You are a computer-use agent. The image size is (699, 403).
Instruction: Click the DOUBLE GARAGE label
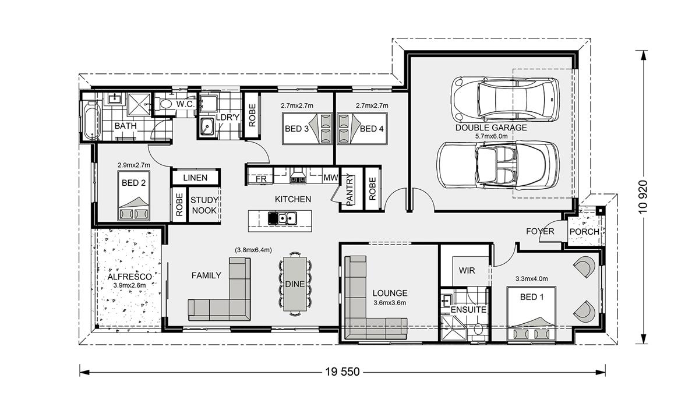coord(491,128)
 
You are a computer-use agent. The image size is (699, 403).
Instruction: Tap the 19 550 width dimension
coord(343,372)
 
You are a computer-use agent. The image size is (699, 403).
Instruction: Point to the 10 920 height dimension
coord(643,197)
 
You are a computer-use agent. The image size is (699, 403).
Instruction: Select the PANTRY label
coord(349,190)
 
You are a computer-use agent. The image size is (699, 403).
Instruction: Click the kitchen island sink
coord(282,218)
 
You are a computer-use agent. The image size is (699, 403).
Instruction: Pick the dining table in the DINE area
coord(295,284)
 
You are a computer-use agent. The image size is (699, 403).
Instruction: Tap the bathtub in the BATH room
coord(92,121)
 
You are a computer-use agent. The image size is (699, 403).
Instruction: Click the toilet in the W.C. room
coord(163,104)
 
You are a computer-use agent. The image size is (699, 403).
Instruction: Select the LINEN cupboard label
coord(195,178)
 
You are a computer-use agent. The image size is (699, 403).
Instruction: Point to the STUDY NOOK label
coord(204,205)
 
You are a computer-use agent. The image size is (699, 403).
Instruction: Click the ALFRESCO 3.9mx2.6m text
coord(129,281)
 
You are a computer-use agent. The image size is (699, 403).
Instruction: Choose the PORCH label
coord(584,232)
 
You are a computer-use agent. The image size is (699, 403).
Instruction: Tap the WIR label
coord(467,270)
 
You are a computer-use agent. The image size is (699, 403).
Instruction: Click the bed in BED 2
coord(133,196)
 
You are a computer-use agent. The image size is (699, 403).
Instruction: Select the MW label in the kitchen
coord(330,178)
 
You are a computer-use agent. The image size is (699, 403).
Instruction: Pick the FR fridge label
coord(261,179)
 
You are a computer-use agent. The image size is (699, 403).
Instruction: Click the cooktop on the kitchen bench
coord(298,179)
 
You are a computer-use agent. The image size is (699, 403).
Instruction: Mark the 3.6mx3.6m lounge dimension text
coord(390,303)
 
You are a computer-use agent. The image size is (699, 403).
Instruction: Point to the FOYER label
coord(540,231)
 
